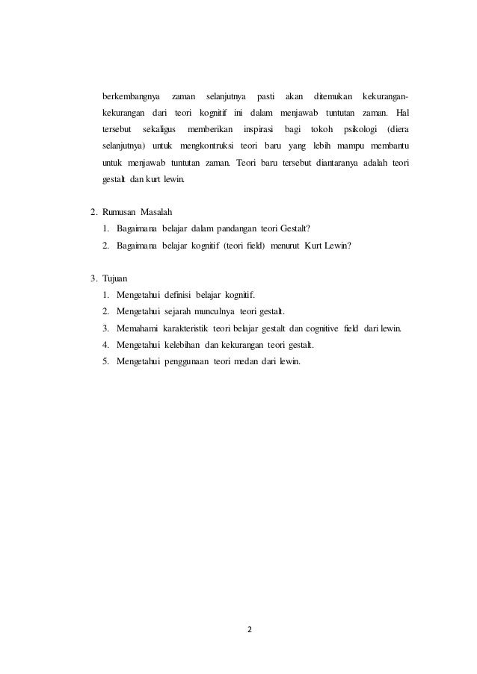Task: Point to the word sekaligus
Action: pyautogui.click(x=159, y=130)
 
